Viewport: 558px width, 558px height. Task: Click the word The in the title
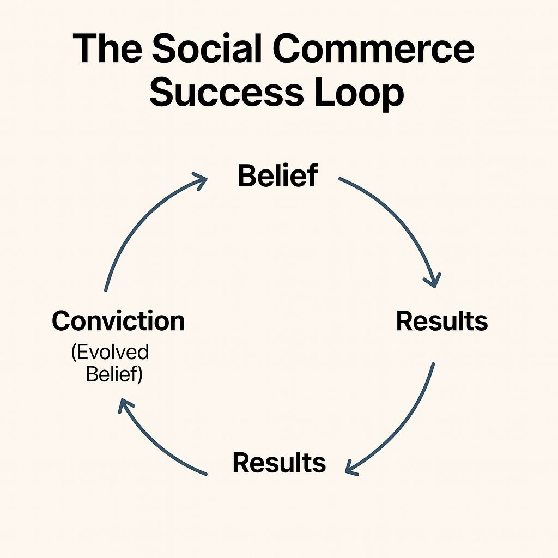[x=107, y=49]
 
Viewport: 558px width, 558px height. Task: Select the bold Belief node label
[x=277, y=176]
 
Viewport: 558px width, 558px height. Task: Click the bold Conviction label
[x=118, y=321]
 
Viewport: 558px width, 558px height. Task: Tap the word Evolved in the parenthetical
[x=110, y=352]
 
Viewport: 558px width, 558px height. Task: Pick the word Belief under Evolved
[x=114, y=375]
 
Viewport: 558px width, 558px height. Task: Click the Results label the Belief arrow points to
[x=441, y=321]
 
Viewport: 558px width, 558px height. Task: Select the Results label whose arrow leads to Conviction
[x=279, y=463]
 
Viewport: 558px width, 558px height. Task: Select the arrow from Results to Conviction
[x=158, y=441]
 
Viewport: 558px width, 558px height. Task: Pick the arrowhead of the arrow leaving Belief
[x=433, y=281]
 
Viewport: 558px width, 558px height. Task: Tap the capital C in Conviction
[x=60, y=322]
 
